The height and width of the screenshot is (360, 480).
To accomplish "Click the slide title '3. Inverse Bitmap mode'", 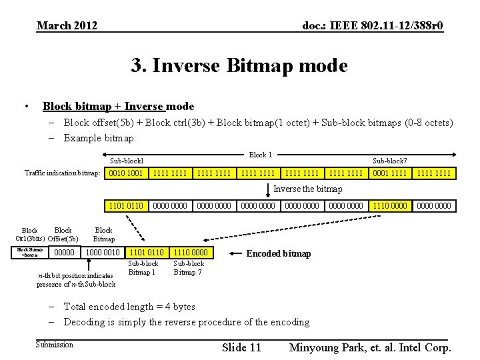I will (239, 66).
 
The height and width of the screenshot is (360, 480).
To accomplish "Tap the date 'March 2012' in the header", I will (67, 26).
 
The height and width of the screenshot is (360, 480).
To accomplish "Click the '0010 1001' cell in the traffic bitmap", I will (126, 173).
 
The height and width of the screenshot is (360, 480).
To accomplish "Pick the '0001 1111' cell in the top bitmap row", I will (390, 173).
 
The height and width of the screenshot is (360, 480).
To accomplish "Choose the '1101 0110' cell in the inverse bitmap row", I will (126, 206).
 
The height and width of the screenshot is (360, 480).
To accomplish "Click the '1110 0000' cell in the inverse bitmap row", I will (390, 206).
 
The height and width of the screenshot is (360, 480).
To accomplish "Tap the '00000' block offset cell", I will (64, 253).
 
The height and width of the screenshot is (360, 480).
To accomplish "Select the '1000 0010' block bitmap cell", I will (103, 253).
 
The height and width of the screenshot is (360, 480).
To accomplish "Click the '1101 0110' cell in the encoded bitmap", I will (146, 253).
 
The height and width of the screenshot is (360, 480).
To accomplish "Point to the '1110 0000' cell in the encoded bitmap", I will (190, 253).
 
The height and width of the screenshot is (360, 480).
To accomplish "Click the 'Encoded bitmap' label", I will (279, 253).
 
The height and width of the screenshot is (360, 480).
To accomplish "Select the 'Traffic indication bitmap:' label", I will (63, 173).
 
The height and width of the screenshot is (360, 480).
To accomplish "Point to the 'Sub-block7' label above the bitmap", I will (389, 161).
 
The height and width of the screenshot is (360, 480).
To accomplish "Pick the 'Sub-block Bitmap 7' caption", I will (189, 268).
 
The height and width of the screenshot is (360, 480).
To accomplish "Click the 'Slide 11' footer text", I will (241, 347).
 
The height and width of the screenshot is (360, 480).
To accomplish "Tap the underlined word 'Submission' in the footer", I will (55, 345).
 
